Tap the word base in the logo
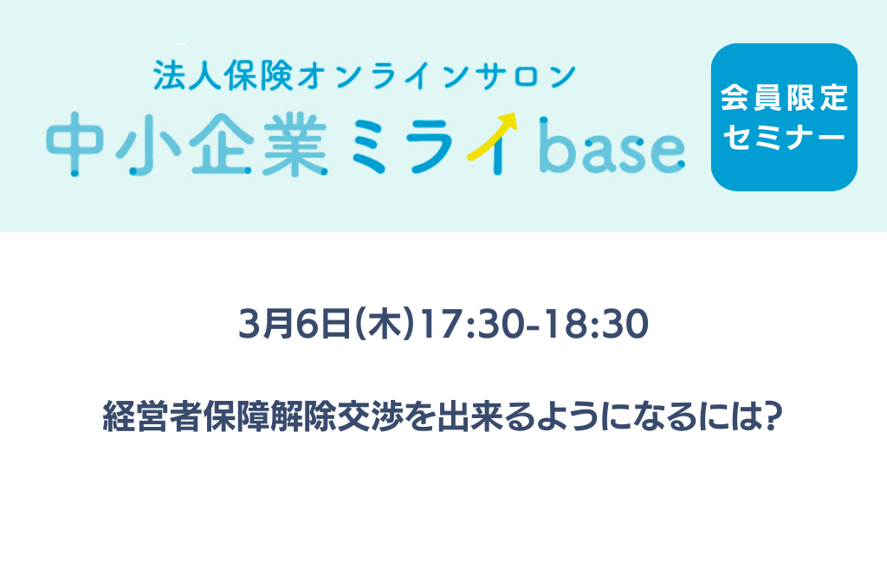pyautogui.click(x=612, y=145)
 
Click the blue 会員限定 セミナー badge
pyautogui.click(x=784, y=117)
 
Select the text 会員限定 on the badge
pyautogui.click(x=784, y=98)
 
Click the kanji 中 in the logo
pyautogui.click(x=74, y=145)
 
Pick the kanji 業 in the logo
pyautogui.click(x=295, y=145)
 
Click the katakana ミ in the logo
pyautogui.click(x=369, y=146)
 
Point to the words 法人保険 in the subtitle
pyautogui.click(x=223, y=75)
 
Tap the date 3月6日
pyautogui.click(x=295, y=324)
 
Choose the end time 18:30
pyautogui.click(x=596, y=324)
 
